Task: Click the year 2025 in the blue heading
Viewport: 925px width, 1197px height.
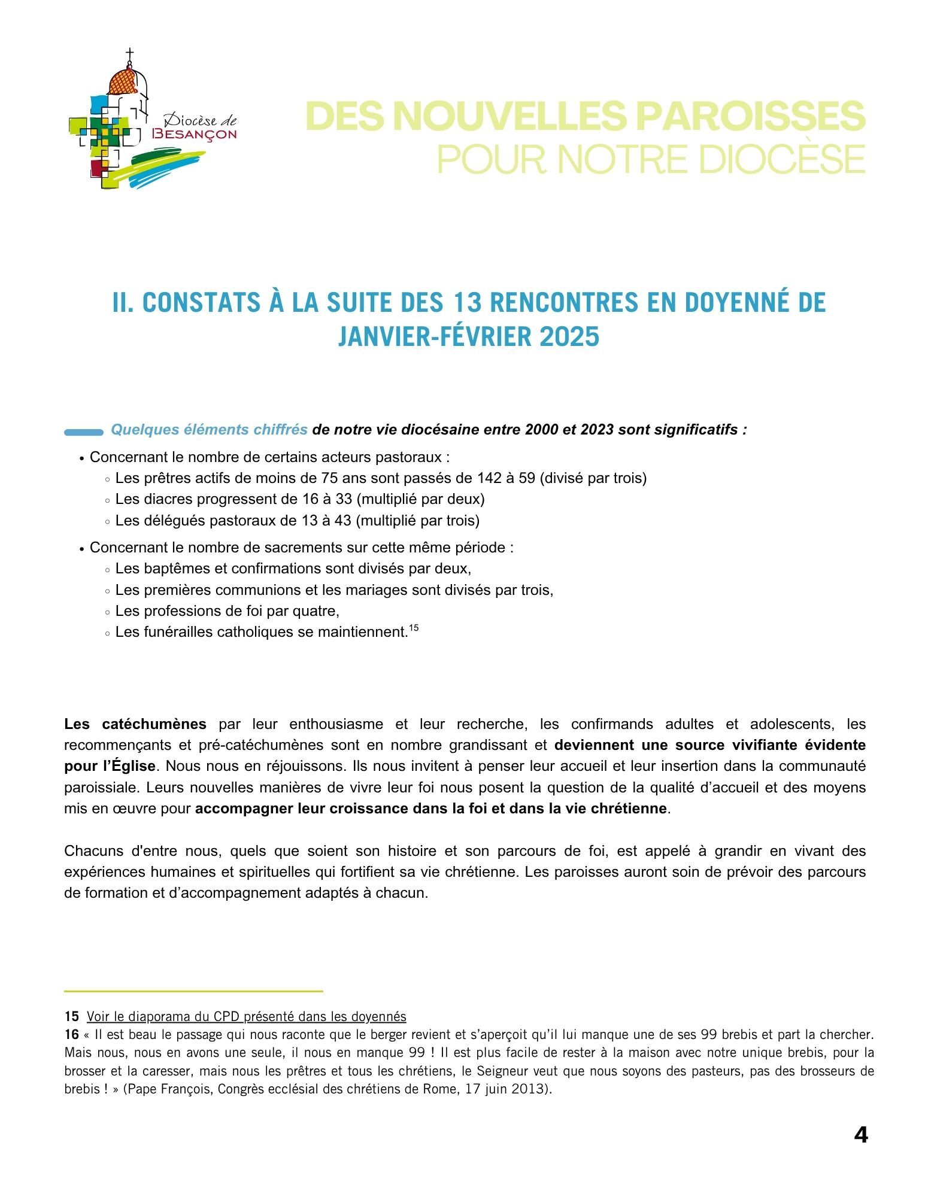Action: [569, 336]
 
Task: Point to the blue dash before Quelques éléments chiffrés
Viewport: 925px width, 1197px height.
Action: [84, 432]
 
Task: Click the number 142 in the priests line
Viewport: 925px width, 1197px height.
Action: [487, 478]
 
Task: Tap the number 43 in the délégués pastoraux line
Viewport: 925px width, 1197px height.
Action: [343, 521]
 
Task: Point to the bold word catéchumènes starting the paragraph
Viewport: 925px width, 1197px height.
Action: [154, 724]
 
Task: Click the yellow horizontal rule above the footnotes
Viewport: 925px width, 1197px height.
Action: [193, 992]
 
